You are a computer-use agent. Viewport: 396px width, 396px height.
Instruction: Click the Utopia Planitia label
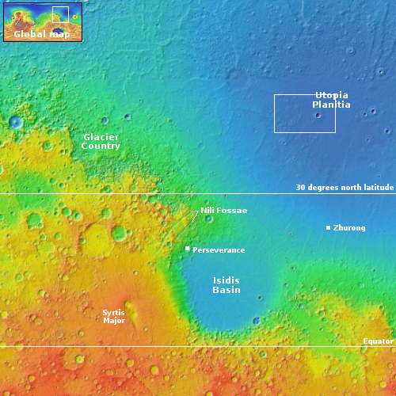331,100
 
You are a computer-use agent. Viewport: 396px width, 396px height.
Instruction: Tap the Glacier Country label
101,142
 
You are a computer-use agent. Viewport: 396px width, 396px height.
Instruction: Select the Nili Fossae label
224,211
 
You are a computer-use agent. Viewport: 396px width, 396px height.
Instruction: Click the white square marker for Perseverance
187,249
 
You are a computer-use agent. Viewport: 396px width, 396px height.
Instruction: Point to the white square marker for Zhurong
328,228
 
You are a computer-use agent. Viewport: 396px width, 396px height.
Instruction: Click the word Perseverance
219,250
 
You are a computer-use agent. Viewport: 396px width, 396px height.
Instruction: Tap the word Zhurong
349,229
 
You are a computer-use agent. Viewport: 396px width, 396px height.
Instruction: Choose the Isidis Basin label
227,285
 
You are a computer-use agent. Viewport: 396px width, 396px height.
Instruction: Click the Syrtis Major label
114,316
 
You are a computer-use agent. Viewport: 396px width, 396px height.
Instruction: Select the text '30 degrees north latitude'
345,188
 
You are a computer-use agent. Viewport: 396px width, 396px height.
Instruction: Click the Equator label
378,341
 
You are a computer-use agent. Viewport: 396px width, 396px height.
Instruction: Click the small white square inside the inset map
60,13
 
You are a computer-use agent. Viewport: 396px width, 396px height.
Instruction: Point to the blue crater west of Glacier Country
16,122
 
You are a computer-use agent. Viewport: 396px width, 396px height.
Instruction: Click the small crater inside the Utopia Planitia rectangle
318,116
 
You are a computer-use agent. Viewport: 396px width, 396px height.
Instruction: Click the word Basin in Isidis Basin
227,291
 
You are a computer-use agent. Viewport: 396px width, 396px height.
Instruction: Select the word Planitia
331,105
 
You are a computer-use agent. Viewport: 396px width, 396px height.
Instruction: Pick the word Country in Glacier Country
101,147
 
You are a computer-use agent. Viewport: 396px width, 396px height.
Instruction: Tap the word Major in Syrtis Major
114,321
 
